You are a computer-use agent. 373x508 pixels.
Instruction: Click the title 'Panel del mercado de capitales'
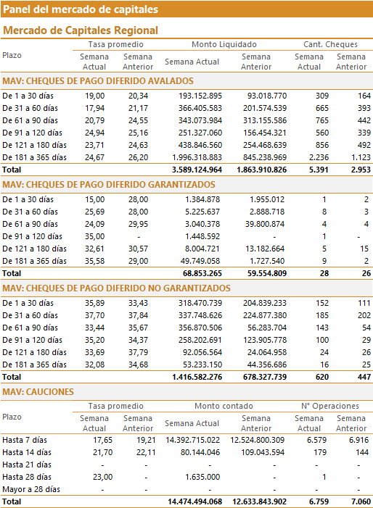81,9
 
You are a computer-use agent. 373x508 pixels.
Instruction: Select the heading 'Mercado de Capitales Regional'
81,30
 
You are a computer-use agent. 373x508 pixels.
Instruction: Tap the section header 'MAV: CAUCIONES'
38,392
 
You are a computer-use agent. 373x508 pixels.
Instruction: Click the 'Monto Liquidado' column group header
224,44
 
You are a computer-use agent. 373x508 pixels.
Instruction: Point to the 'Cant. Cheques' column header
330,44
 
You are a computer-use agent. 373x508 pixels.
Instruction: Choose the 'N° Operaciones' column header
330,406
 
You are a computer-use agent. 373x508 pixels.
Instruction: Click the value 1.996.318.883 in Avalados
197,157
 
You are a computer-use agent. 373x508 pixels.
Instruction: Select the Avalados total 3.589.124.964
197,170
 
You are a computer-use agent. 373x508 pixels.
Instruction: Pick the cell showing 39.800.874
265,224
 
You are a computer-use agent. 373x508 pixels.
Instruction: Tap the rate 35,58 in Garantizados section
95,261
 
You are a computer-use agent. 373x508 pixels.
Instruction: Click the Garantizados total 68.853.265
202,273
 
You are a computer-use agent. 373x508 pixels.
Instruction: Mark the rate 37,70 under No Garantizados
95,315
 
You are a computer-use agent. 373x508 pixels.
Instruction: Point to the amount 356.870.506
200,328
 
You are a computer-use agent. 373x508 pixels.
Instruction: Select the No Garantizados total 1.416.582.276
197,377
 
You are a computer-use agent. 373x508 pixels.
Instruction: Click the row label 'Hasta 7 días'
25,440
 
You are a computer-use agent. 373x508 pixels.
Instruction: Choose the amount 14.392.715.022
192,440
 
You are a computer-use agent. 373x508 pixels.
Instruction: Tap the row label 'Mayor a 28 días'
31,489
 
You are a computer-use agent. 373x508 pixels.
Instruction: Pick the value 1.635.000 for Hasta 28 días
202,477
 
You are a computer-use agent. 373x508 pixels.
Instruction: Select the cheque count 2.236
319,157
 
